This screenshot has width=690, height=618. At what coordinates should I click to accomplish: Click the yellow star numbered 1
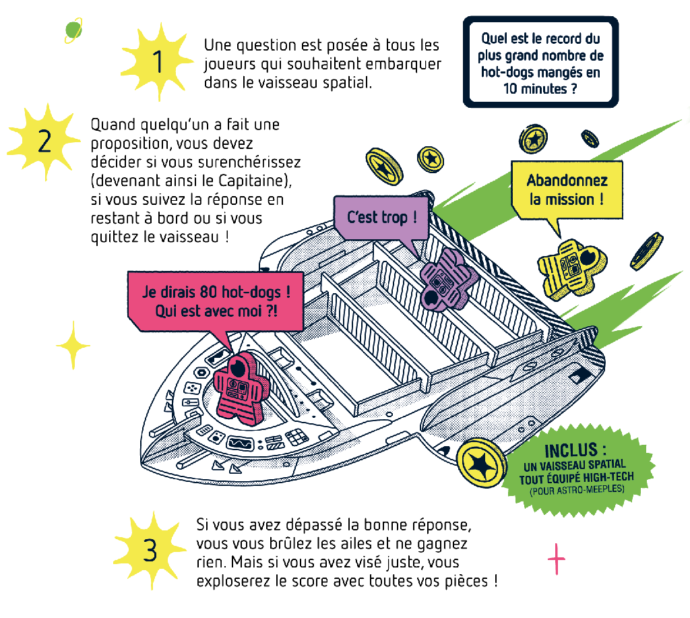pyautogui.click(x=157, y=61)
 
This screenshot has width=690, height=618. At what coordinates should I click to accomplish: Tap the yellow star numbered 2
pyautogui.click(x=44, y=142)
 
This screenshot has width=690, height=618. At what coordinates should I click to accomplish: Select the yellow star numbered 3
pyautogui.click(x=150, y=549)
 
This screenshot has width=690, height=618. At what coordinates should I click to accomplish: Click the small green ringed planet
pyautogui.click(x=73, y=30)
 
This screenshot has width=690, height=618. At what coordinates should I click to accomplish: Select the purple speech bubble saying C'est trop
pyautogui.click(x=381, y=217)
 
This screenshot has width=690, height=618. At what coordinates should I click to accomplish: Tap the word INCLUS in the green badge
pyautogui.click(x=571, y=450)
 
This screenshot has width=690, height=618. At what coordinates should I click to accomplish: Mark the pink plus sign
pyautogui.click(x=557, y=559)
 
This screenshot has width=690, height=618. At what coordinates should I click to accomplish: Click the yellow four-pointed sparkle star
pyautogui.click(x=73, y=345)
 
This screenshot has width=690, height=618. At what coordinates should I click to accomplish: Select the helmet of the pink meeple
pyautogui.click(x=239, y=369)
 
